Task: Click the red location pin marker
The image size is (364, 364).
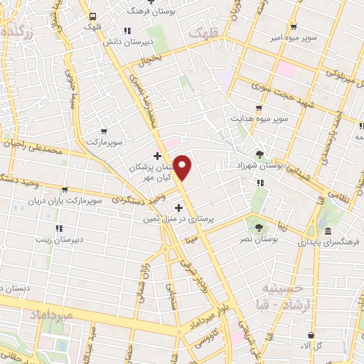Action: (183, 168)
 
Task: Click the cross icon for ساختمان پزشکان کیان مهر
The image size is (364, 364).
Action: (157, 154)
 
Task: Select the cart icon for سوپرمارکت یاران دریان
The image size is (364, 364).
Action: (65, 190)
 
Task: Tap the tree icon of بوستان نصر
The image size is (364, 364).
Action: (258, 228)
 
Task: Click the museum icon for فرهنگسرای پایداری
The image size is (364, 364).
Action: (328, 232)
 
